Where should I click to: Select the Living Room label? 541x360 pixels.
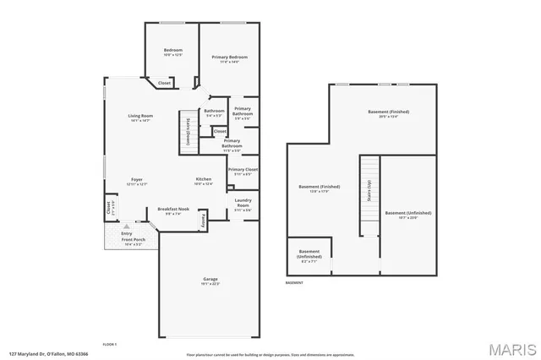pyautogui.click(x=139, y=117)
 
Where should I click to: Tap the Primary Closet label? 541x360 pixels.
pyautogui.click(x=243, y=172)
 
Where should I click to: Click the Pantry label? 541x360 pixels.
pyautogui.click(x=204, y=220)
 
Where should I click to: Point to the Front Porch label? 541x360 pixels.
pyautogui.click(x=134, y=242)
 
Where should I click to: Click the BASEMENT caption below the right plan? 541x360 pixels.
pyautogui.click(x=294, y=282)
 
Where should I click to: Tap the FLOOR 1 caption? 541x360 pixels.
pyautogui.click(x=109, y=345)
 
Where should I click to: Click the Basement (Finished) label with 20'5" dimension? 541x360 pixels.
pyautogui.click(x=388, y=114)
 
